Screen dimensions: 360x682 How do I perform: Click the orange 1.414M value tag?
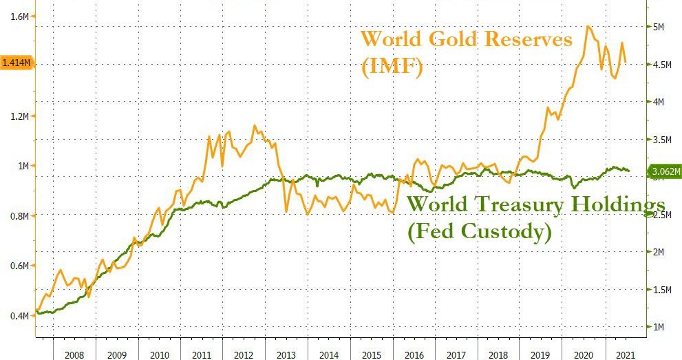tap(15, 63)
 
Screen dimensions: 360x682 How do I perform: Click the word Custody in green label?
tap(510, 233)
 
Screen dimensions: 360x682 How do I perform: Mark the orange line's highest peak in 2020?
tap(588, 26)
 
